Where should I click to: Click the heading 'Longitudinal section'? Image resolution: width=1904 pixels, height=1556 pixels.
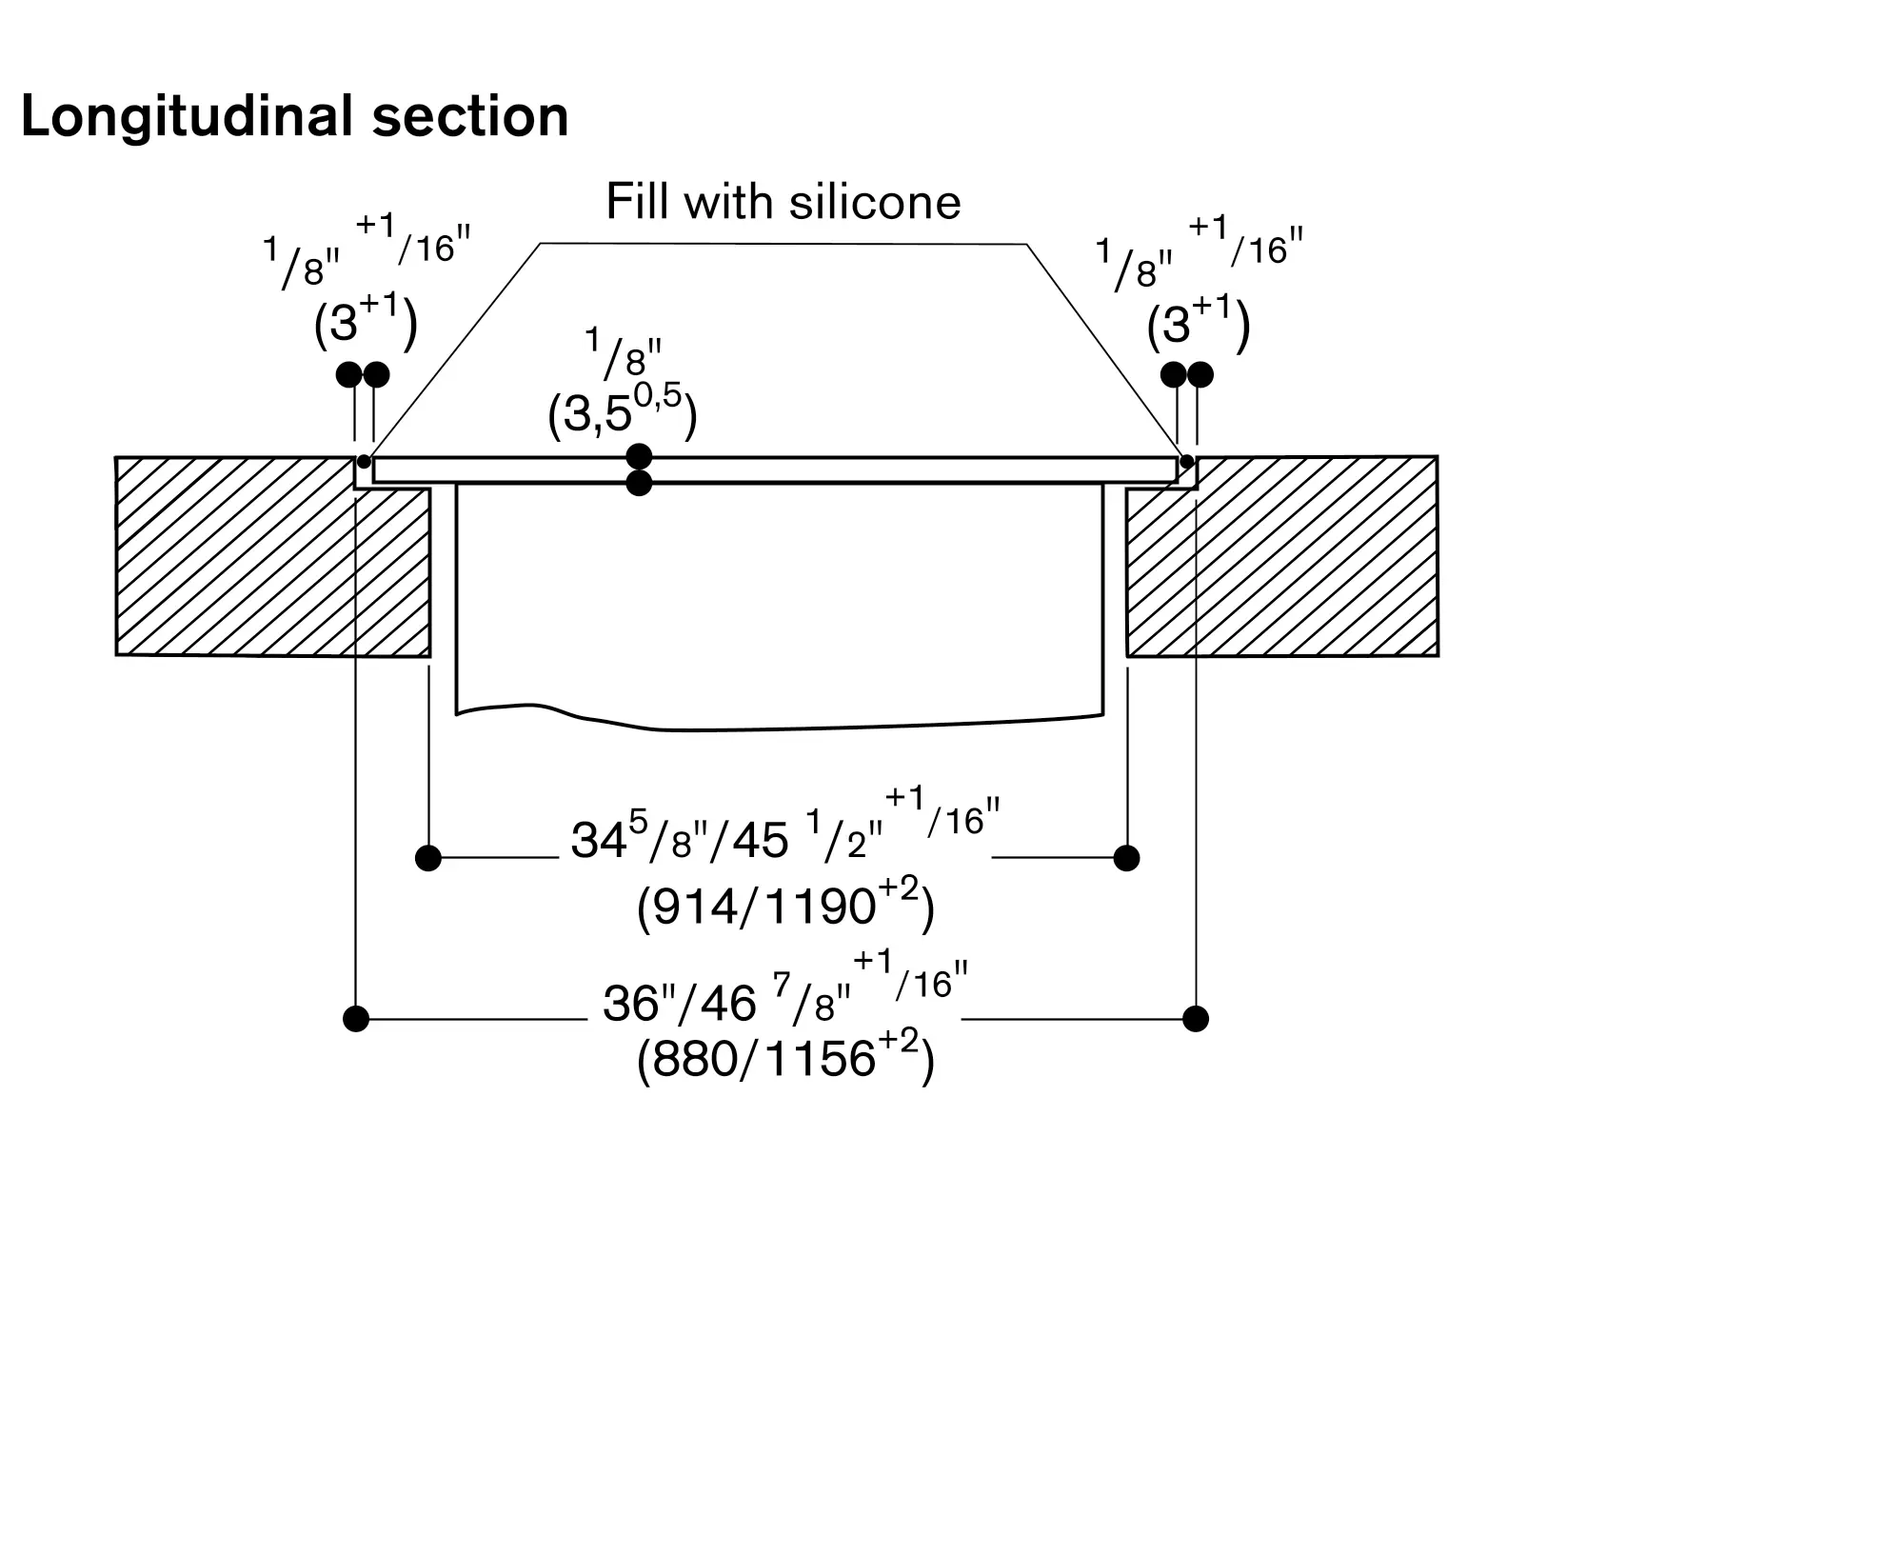tap(294, 117)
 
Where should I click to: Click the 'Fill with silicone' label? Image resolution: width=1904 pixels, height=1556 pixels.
tap(783, 202)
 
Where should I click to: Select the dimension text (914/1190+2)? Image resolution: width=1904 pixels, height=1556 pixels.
tap(785, 907)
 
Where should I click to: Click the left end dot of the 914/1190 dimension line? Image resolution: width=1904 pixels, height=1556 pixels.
tap(428, 858)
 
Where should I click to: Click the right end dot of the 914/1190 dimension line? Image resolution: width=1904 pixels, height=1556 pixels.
tap(1126, 858)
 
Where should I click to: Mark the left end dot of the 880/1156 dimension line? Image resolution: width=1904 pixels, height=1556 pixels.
tap(356, 1019)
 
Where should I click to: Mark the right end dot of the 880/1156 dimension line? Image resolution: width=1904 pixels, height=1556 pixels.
tap(1196, 1019)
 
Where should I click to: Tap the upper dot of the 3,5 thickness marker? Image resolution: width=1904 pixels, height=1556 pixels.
tap(640, 456)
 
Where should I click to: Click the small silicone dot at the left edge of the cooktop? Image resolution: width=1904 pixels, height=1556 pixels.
tap(364, 462)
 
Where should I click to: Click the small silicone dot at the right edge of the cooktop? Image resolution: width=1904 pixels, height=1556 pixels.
tap(1186, 462)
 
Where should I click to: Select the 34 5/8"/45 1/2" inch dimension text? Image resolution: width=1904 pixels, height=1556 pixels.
tap(785, 833)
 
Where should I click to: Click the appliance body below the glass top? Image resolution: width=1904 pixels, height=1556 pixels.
tap(779, 600)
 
